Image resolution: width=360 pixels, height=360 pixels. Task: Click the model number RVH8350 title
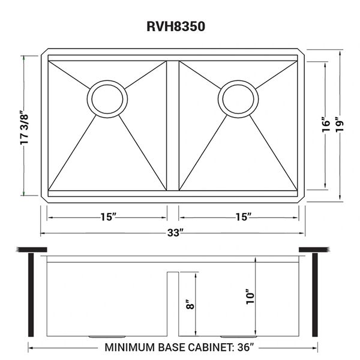[176, 26]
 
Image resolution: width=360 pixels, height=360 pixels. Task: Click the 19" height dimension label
[340, 125]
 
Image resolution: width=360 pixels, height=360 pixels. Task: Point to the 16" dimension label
[326, 125]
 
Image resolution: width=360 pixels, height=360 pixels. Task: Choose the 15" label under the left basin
[108, 217]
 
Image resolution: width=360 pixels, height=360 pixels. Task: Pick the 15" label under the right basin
[244, 217]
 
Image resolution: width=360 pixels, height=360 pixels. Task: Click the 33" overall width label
[176, 233]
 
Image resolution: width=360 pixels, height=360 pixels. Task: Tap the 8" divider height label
[191, 304]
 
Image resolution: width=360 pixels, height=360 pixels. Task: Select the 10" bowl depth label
[250, 297]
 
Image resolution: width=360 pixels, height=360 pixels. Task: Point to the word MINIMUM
[130, 347]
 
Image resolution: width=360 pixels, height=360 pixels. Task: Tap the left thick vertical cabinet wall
[31, 295]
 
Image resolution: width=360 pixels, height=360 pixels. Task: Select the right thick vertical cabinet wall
[315, 295]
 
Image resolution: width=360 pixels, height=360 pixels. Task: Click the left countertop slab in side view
[32, 250]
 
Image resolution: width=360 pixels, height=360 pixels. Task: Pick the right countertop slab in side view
[314, 250]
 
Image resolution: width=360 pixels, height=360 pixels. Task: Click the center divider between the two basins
[173, 125]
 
